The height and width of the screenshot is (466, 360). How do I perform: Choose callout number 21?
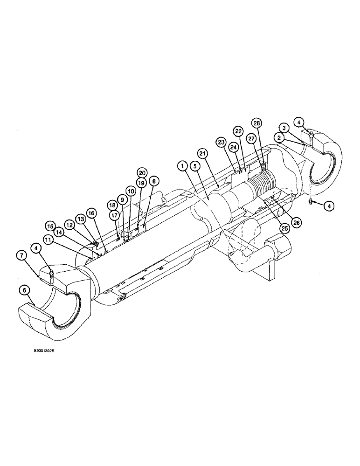point(203,153)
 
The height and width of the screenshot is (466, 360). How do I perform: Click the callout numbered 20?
point(142,172)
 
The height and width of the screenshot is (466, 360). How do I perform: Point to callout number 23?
point(221,141)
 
